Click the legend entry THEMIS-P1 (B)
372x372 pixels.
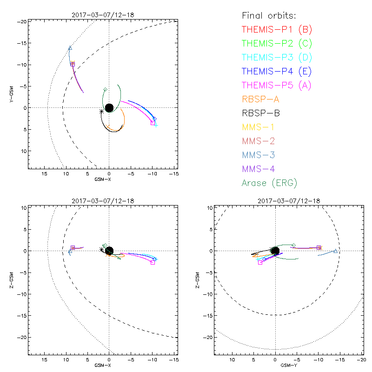pos(277,30)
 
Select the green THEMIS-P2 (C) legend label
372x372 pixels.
pos(277,44)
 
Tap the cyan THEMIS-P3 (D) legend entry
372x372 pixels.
pos(277,58)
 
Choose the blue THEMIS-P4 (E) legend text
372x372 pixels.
pos(277,72)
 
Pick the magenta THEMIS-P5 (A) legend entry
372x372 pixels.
pos(277,86)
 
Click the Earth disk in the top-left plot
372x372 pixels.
pos(109,108)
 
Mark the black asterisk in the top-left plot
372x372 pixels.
pos(101,111)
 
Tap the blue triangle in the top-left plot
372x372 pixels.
pos(70,48)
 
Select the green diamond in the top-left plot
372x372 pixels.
pos(106,89)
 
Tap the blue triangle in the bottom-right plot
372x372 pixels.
pos(335,251)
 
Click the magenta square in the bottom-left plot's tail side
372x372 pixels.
pos(153,263)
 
